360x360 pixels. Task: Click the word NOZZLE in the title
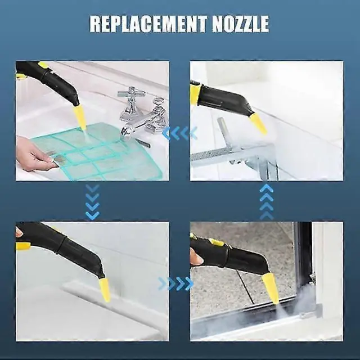pos(241,24)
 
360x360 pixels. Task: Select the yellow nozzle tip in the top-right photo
pos(259,124)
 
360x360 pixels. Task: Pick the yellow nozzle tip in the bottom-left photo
pos(105,290)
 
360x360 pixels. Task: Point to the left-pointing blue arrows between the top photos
pos(180,133)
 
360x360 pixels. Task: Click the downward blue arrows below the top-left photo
pos(92,201)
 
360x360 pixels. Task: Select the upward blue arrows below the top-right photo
pos(266,201)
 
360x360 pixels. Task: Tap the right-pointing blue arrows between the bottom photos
pos(176,283)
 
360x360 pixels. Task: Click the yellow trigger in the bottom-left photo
pos(23,246)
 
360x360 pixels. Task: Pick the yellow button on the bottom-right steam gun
pos(216,242)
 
